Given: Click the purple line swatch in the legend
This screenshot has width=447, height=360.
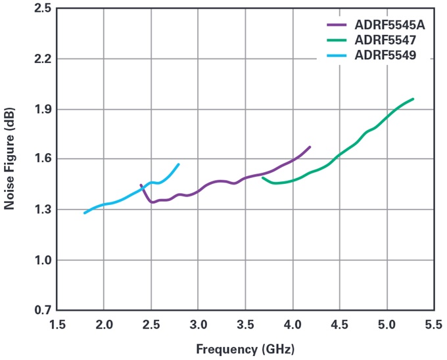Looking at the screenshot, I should [x=337, y=26].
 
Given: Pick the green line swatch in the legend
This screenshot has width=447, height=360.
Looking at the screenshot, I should [x=337, y=41].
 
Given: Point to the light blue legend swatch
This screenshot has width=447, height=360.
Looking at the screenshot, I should [x=337, y=56].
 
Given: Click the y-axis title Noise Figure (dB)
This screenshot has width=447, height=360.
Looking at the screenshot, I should [x=9, y=160].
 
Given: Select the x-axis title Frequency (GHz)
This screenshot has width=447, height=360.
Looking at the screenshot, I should [x=245, y=346].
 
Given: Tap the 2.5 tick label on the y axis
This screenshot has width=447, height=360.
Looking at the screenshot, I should [x=42, y=9].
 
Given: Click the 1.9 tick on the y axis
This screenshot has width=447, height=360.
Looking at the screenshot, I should [x=42, y=109].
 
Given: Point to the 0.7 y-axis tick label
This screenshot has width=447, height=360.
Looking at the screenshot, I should [x=42, y=310].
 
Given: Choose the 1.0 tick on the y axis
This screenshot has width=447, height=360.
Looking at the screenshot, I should [x=42, y=260].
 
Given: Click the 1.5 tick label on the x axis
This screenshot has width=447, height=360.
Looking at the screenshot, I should [x=57, y=323].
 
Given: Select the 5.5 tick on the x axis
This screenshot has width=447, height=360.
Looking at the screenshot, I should [x=433, y=323].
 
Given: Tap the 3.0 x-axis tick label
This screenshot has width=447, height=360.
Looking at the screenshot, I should [x=198, y=323].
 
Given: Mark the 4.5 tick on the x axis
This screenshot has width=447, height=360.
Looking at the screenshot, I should [x=339, y=323].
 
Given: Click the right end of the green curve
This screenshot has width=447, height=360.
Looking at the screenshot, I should [x=413, y=99].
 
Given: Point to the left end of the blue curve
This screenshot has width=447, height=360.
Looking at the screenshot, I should [x=85, y=213].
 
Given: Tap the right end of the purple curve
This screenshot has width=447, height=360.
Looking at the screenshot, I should [x=310, y=147].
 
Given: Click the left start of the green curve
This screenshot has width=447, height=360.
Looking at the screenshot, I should [x=263, y=177].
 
